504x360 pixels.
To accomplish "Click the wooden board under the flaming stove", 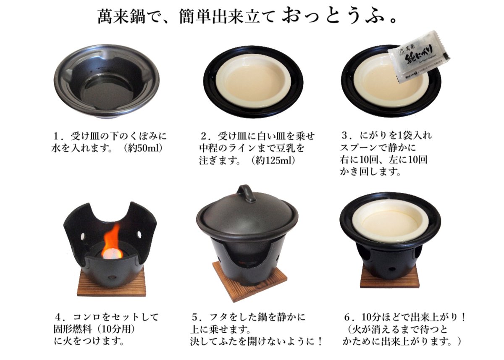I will tap(111, 283).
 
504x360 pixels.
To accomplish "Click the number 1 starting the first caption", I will tap(57, 137).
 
